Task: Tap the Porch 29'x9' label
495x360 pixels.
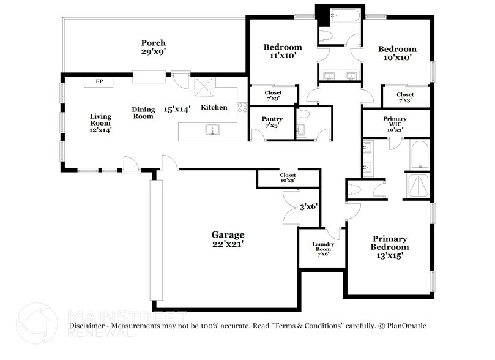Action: click(x=153, y=47)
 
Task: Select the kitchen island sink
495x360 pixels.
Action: click(x=212, y=129)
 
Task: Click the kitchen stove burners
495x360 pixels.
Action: click(x=242, y=108)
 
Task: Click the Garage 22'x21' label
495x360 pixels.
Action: click(x=228, y=239)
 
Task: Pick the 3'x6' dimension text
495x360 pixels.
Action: click(x=308, y=207)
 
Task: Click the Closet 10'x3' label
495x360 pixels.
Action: click(x=288, y=178)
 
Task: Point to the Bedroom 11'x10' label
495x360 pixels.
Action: click(x=282, y=51)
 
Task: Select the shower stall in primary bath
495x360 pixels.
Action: click(x=419, y=185)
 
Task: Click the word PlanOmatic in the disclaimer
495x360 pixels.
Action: click(x=404, y=326)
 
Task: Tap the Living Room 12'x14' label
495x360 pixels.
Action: click(x=100, y=122)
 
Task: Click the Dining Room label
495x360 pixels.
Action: click(x=143, y=113)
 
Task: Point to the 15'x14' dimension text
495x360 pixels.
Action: click(x=177, y=109)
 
